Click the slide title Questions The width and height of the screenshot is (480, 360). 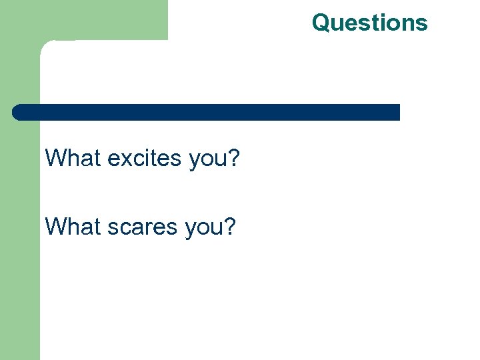pyautogui.click(x=369, y=23)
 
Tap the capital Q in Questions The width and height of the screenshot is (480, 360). pyautogui.click(x=321, y=23)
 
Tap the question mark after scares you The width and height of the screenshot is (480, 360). pyautogui.click(x=229, y=227)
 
